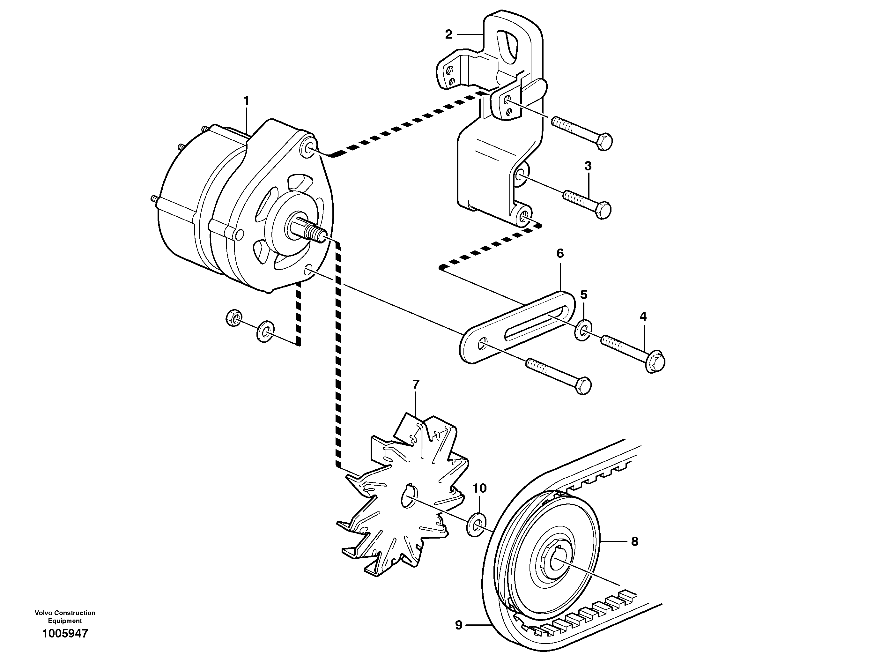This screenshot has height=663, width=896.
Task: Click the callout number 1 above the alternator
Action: point(246,100)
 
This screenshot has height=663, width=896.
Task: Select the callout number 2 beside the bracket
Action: point(448,34)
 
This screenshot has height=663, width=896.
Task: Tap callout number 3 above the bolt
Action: point(588,166)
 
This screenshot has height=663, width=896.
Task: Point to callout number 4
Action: point(643,317)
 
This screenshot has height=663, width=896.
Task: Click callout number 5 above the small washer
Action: point(584,294)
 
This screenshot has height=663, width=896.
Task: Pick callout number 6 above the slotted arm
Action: point(560,253)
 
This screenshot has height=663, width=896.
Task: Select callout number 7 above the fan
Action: point(416,384)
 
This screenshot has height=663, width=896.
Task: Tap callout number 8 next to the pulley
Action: point(634,542)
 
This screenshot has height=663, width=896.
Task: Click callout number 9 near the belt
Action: point(459,625)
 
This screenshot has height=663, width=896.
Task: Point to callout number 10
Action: point(479,488)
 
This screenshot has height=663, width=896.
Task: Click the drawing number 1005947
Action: point(65,634)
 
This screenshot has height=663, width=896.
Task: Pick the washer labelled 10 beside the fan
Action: point(476,524)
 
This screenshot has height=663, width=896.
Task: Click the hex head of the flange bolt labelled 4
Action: point(655,362)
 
